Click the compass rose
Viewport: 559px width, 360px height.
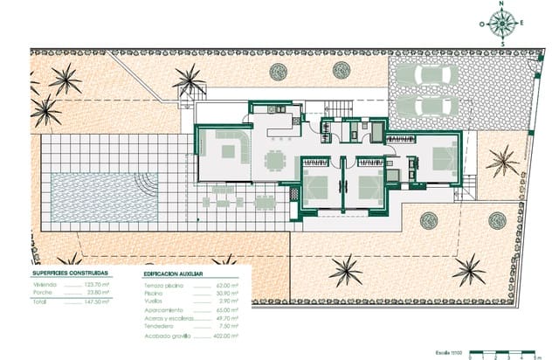tap(502, 24)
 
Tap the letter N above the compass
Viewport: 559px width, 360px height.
tap(502, 4)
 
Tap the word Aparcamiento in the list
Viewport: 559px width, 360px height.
tap(163, 310)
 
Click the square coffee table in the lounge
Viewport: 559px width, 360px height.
tap(228, 152)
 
